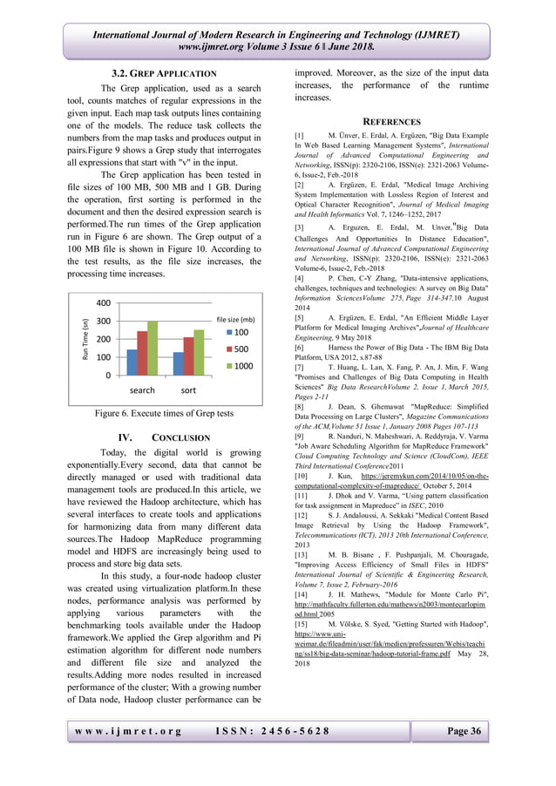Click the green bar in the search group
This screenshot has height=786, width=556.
point(153,349)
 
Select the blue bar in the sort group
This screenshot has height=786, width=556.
point(179,364)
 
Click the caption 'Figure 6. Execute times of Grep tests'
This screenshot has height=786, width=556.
point(165,414)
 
